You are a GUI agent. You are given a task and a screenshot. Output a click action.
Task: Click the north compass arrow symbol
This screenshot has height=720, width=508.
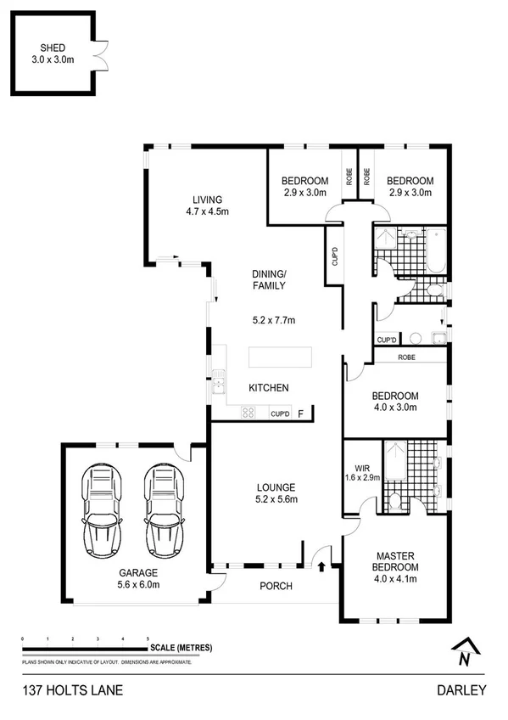coord(462,652)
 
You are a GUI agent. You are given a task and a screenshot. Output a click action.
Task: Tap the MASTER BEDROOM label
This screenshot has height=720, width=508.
coord(397,561)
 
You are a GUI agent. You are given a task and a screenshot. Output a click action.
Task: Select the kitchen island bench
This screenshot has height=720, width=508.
coord(280,357)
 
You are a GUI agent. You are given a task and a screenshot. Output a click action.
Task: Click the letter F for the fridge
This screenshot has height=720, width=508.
coord(301,414)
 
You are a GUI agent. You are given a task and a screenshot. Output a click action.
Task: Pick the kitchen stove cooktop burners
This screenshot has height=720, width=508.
coord(249,413)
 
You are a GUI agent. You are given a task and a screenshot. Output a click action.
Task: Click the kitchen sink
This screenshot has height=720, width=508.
coord(219,388)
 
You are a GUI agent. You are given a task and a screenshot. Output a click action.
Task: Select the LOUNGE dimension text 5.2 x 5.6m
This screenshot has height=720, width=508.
coord(276,499)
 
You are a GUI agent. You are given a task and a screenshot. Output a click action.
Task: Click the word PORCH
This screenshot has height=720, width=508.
coord(276,586)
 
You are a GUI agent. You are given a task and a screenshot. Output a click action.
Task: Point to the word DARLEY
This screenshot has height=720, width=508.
coord(462,690)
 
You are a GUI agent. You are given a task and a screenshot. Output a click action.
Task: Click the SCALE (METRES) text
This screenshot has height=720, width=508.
coord(181,648)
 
